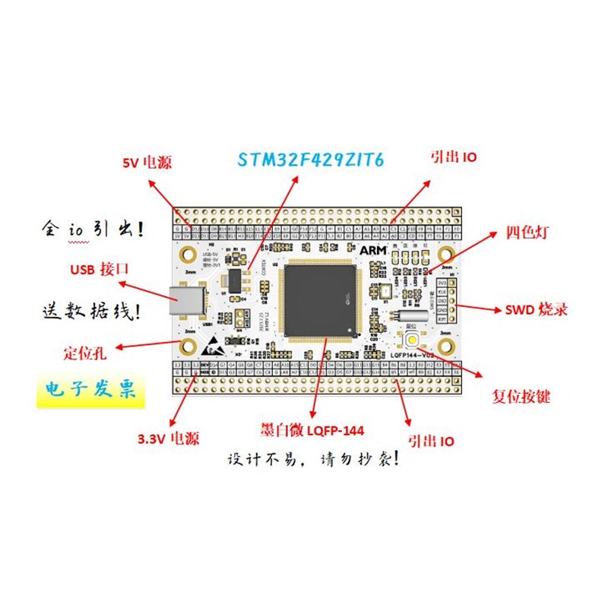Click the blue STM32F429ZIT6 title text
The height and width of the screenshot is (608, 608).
tap(311, 160)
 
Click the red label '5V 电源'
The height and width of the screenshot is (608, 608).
tap(147, 163)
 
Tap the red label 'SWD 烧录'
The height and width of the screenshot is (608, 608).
tap(536, 310)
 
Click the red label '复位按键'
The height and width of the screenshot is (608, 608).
tap(521, 397)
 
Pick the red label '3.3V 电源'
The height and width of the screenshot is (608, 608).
tap(168, 438)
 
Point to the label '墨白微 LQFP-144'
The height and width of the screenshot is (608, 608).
tap(312, 430)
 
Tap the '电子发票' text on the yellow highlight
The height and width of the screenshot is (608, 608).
tap(91, 391)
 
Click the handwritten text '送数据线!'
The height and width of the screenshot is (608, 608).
tap(90, 311)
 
